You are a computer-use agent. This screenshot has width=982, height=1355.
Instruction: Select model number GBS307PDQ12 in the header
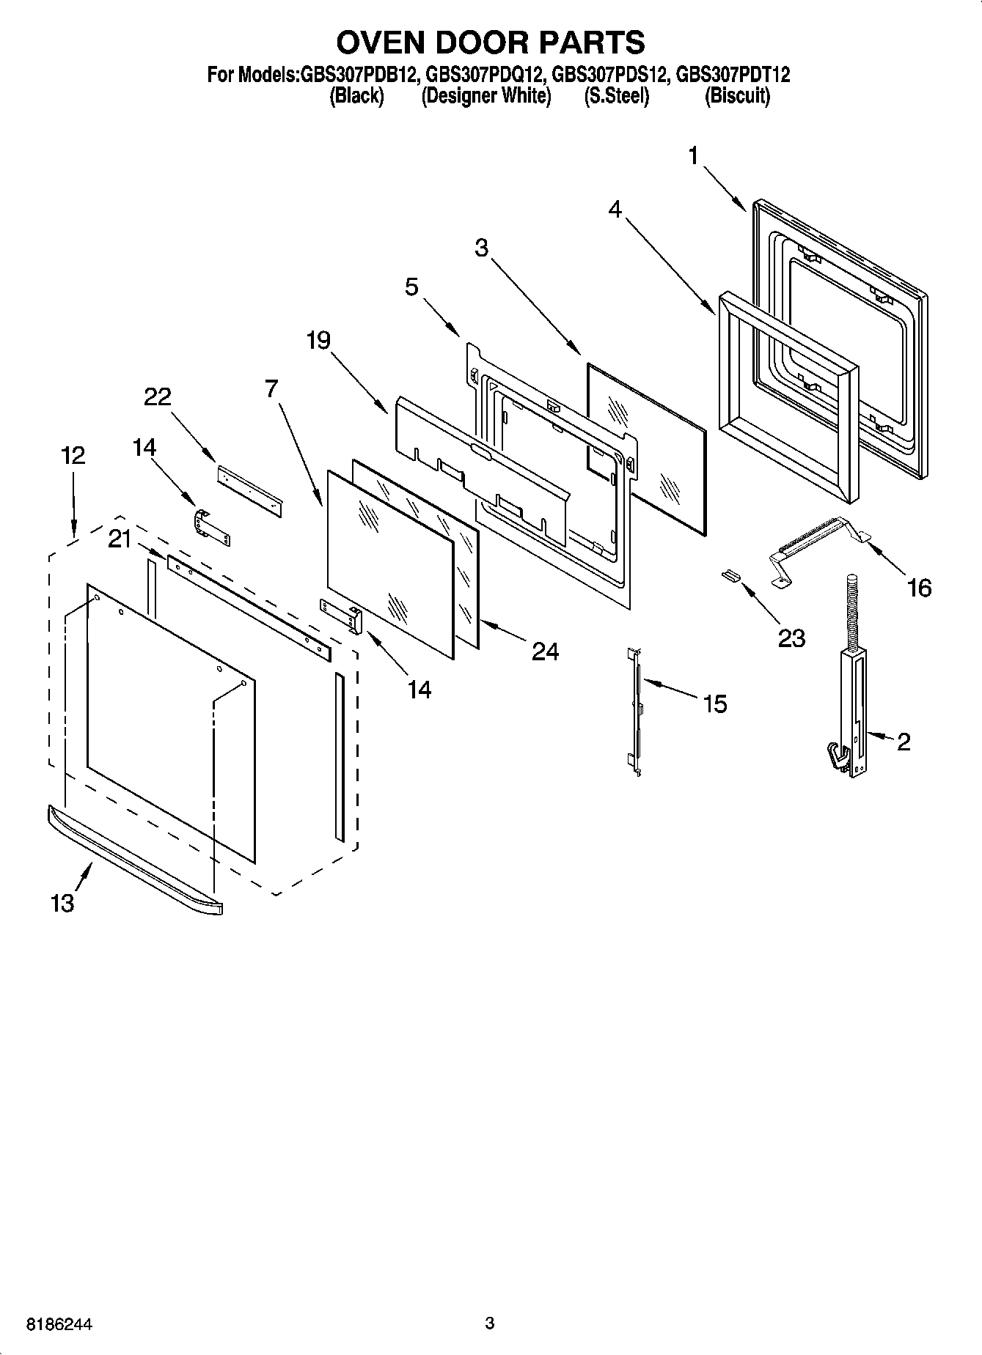pos(483,75)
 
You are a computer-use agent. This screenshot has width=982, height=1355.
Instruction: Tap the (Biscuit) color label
pos(737,96)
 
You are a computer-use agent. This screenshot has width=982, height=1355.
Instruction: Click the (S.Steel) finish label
pos(616,96)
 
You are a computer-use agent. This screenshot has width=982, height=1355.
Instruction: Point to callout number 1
pos(694,156)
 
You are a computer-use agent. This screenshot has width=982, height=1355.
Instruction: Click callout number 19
pos(318,340)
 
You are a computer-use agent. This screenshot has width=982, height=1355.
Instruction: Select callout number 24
pos(545,651)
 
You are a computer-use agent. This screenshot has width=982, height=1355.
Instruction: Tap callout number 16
pos(919,587)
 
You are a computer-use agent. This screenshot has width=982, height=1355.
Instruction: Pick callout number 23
pos(791,638)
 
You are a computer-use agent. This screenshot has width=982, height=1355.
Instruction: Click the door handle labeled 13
pos(132,858)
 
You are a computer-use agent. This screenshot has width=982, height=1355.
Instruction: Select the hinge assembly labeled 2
pos(851,704)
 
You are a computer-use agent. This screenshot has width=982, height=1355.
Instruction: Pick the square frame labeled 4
pos(788,396)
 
